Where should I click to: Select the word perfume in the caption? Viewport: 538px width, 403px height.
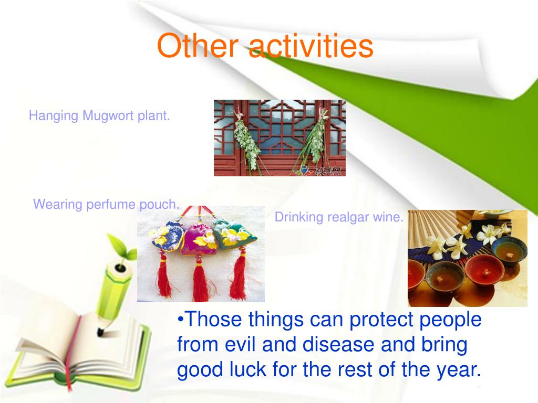(x=111, y=204)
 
